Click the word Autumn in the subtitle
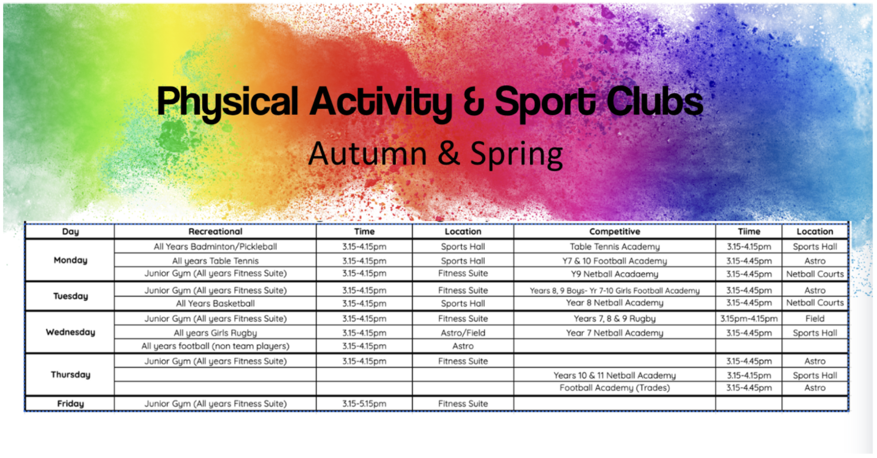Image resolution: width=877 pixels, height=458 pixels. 368,154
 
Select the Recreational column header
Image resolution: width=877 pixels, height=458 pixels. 216,231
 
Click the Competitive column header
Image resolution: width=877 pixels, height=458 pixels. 614,231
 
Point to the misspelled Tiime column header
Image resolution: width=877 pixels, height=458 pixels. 749,231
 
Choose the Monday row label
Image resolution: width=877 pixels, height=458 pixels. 70,260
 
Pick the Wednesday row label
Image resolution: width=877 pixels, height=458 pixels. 70,332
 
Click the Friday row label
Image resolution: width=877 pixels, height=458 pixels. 70,404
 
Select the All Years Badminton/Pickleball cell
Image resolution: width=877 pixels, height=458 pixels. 216,246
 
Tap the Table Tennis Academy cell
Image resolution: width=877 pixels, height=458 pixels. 614,246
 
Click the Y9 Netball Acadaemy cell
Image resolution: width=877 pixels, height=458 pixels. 614,274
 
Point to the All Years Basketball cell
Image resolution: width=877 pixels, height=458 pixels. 216,304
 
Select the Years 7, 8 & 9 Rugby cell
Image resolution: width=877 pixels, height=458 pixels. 614,319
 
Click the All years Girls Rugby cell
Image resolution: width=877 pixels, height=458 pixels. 216,333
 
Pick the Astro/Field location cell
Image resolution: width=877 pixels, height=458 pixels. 463,333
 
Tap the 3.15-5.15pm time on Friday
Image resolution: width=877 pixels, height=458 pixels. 364,404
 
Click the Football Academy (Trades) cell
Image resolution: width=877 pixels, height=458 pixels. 614,388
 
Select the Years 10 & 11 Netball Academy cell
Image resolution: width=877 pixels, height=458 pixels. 614,375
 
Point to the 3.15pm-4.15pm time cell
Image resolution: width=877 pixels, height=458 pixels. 749,319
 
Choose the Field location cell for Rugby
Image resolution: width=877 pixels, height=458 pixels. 815,319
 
